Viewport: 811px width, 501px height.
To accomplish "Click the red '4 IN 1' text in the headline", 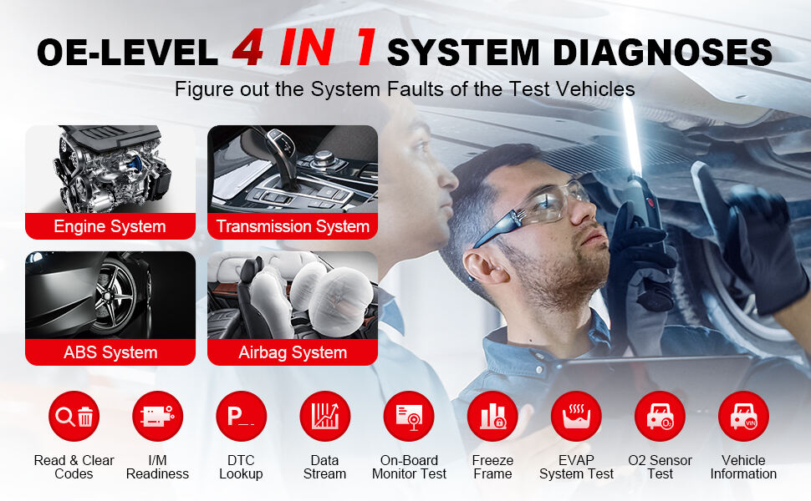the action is (304, 48).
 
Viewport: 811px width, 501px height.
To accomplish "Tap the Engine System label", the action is (110, 226).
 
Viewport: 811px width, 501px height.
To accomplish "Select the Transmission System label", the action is (293, 226).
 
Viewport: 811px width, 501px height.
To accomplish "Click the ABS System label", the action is (110, 352).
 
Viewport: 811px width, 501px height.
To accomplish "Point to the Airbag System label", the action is (293, 352).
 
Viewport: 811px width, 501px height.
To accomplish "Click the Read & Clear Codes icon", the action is (74, 417).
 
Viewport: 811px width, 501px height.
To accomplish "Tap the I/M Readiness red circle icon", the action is (158, 417).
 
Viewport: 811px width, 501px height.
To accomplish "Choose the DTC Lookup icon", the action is (241, 417).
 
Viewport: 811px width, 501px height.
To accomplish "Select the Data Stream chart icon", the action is (324, 417).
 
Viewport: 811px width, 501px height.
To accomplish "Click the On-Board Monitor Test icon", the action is (409, 417).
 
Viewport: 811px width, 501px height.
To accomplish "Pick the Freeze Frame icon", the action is (492, 417).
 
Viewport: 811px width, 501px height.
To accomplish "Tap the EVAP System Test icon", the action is (576, 417).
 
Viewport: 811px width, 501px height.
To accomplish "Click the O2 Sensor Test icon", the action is (660, 417).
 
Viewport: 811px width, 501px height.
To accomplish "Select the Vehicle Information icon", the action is (744, 417).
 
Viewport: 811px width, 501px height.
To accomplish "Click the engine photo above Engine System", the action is (110, 169).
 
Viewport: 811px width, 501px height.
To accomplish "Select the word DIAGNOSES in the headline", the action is (662, 52).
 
